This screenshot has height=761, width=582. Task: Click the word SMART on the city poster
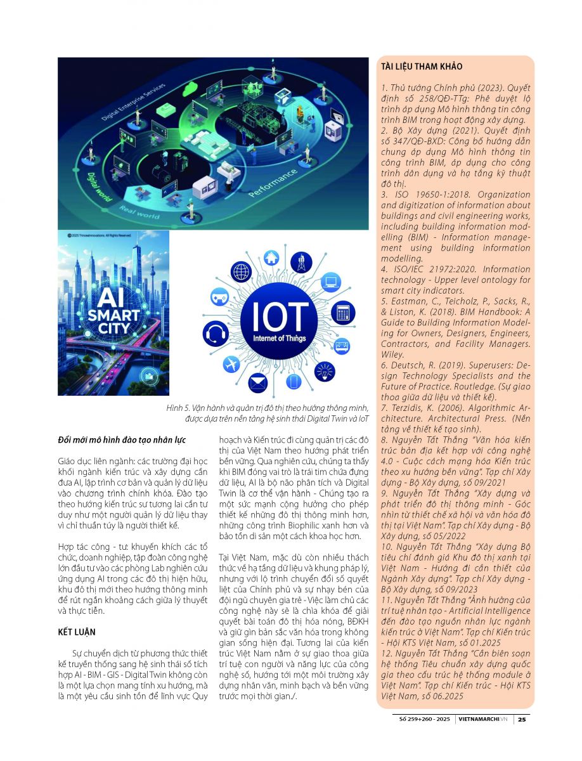point(113,315)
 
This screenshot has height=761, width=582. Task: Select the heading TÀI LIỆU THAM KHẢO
point(422,67)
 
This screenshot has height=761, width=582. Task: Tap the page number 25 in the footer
point(521,719)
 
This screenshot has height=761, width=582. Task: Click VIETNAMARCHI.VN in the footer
point(484,719)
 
